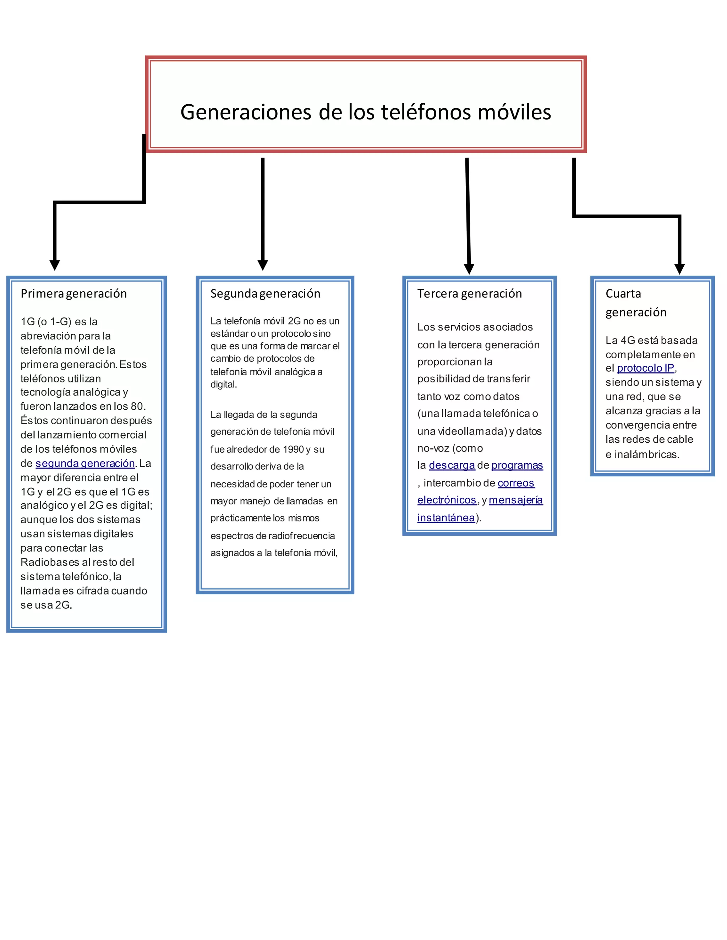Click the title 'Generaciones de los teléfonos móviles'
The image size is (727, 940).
point(365,112)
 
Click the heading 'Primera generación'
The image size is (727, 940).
point(73,294)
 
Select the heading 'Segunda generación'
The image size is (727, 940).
point(265,294)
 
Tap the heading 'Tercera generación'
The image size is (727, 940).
point(469,294)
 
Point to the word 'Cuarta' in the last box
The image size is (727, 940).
point(623,294)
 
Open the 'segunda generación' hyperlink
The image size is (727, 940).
point(85,464)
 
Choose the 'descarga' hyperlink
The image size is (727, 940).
point(452,465)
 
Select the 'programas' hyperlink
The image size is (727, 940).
point(517,465)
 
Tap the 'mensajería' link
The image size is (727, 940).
point(515,500)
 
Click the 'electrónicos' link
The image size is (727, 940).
point(447,500)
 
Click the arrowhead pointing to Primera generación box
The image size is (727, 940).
point(55,265)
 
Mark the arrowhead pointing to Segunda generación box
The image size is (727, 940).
point(263,265)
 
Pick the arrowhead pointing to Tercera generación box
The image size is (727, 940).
point(469,269)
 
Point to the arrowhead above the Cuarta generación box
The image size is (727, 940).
point(679,269)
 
